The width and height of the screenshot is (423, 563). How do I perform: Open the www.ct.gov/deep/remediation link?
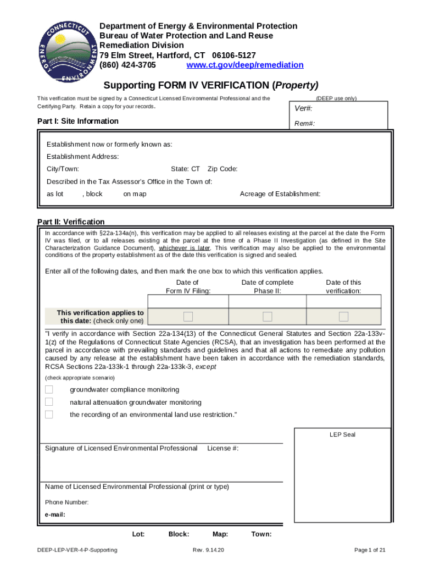pyautogui.click(x=245, y=65)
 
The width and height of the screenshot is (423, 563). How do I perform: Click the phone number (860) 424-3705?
pyautogui.click(x=127, y=65)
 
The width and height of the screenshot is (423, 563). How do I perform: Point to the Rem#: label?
pyautogui.click(x=305, y=124)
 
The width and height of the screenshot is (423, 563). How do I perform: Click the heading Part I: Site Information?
pyautogui.click(x=77, y=121)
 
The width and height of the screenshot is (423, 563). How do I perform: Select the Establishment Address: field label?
pyautogui.click(x=82, y=157)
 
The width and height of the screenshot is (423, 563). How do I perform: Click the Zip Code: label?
pyautogui.click(x=222, y=169)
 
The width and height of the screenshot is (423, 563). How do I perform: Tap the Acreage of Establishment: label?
pyautogui.click(x=280, y=194)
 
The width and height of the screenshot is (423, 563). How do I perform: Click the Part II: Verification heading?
pyautogui.click(x=71, y=222)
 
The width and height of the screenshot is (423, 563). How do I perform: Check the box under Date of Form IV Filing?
pyautogui.click(x=188, y=316)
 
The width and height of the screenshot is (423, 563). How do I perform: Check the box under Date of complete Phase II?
pyautogui.click(x=268, y=316)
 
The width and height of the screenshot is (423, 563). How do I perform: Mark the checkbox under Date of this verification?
pyautogui.click(x=343, y=316)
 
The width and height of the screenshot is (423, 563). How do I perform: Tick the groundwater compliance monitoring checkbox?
pyautogui.click(x=49, y=390)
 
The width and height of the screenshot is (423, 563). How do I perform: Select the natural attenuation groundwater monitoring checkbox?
pyautogui.click(x=49, y=402)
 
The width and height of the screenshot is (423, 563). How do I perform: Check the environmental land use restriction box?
pyautogui.click(x=49, y=415)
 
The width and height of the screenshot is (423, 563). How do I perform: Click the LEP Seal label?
pyautogui.click(x=342, y=434)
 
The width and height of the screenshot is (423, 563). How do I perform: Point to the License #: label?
pyautogui.click(x=222, y=449)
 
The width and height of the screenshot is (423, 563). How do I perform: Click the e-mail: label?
pyautogui.click(x=55, y=515)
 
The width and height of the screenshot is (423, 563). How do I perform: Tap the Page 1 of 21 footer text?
pyautogui.click(x=370, y=550)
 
